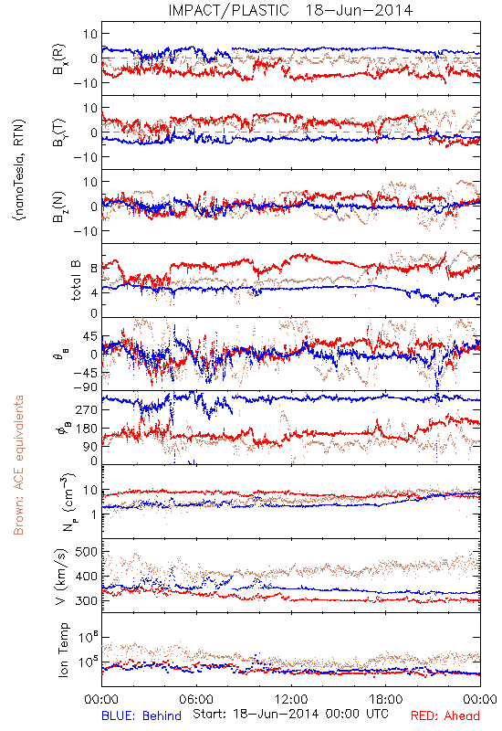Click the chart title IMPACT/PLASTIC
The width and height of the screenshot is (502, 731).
point(228,10)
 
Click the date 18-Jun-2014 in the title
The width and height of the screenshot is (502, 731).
point(359,10)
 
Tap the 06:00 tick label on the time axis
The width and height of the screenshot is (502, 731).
point(196,699)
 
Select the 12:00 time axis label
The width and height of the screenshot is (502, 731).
point(291,699)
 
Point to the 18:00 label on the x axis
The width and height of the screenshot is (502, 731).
point(386,699)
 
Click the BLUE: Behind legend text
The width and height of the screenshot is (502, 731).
point(141,715)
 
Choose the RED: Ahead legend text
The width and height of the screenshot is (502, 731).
point(445,715)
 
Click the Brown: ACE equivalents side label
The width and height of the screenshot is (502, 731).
point(18,465)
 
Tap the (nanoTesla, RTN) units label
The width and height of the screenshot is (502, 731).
point(19,170)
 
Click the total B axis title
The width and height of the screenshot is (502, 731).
point(76,281)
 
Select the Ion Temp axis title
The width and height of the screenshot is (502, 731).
point(63,650)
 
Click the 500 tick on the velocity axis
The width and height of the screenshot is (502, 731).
point(86,552)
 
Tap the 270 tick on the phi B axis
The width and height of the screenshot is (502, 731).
point(87,409)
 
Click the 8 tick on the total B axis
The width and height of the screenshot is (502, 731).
point(94,268)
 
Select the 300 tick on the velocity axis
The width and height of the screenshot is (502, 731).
point(86,600)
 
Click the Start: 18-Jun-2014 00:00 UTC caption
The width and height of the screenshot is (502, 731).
point(290,714)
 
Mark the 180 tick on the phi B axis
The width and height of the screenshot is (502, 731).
point(87,429)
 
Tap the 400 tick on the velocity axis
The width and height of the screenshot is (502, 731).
point(86,577)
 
